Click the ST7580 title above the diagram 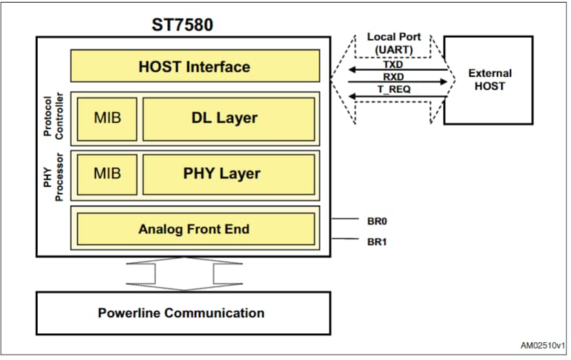[x=182, y=24]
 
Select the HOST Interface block [x=195, y=67]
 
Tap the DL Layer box [x=228, y=118]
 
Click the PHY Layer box [x=228, y=173]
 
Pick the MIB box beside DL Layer [x=107, y=118]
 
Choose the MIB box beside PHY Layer [x=107, y=173]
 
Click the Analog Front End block [x=195, y=229]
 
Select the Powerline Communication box [x=182, y=313]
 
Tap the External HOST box [x=489, y=80]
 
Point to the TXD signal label [x=394, y=64]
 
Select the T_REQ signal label [x=394, y=90]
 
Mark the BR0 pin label [x=377, y=222]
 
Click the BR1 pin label [x=377, y=241]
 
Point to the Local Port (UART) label [x=394, y=42]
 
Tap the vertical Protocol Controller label [x=53, y=117]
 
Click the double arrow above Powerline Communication [x=184, y=273]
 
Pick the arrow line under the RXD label [x=397, y=83]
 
